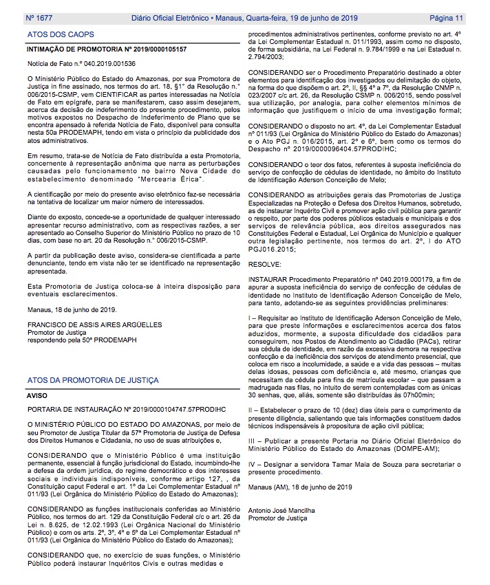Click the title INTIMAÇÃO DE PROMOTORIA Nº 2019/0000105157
pos(106,50)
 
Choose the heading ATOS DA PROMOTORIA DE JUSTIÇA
pos(92,380)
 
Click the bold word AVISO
pos(36,396)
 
